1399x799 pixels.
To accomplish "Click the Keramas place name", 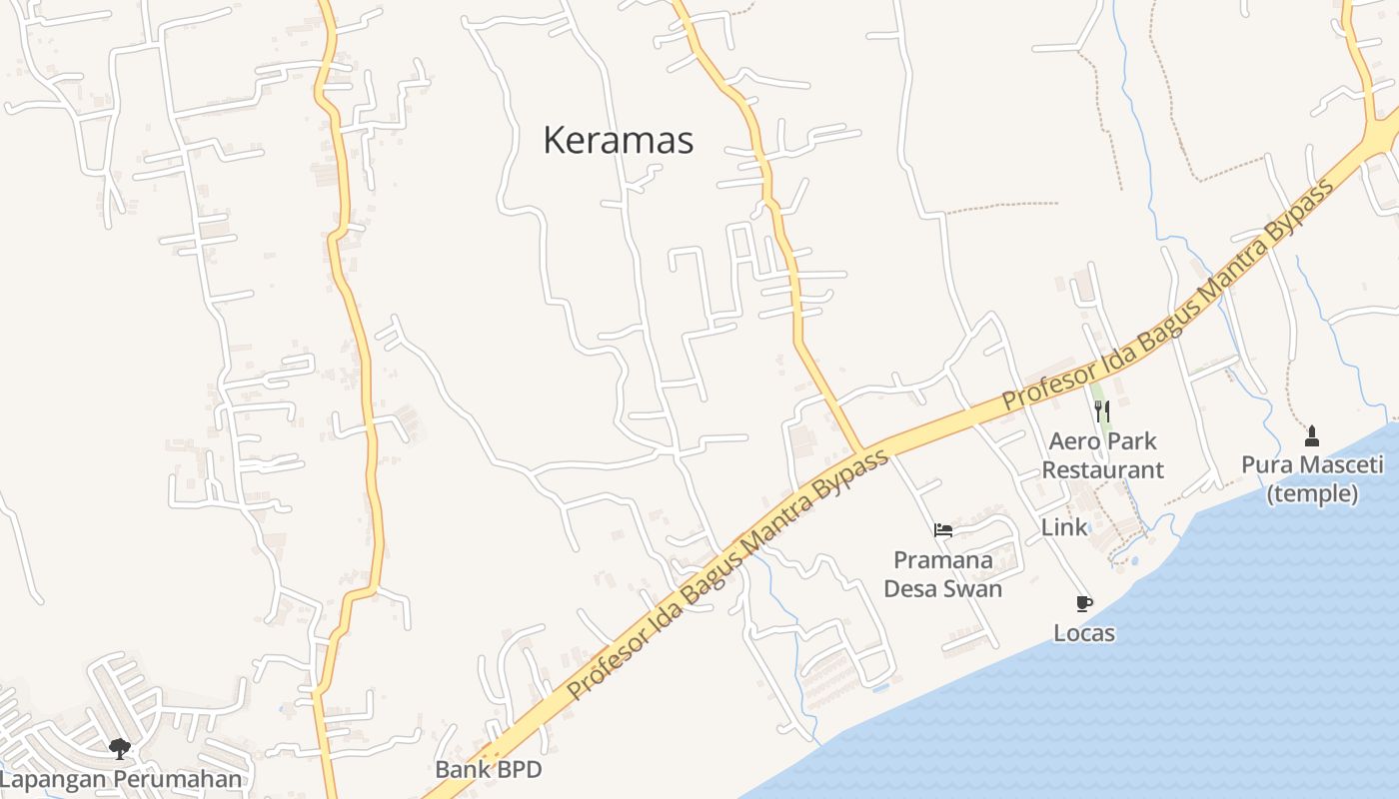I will point(618,141).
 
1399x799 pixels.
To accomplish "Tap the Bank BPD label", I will point(488,769).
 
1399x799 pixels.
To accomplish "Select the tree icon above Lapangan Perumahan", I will point(120,748).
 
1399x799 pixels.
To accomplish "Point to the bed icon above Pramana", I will point(942,530).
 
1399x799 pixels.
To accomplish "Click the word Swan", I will point(974,588).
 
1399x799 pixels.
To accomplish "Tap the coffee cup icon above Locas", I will point(1083,603).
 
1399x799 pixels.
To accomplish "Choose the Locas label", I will point(1083,633).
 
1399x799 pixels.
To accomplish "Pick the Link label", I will point(1063,527).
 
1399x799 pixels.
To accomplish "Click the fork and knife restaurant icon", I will point(1102,410).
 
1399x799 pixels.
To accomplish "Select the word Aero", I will point(1074,440).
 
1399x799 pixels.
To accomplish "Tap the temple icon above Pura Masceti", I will point(1311,435).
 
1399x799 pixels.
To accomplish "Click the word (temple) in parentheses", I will point(1311,493).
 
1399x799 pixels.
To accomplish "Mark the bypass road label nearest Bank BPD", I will point(727,576).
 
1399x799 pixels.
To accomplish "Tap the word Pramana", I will point(942,559).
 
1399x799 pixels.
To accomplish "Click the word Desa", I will point(911,588).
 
